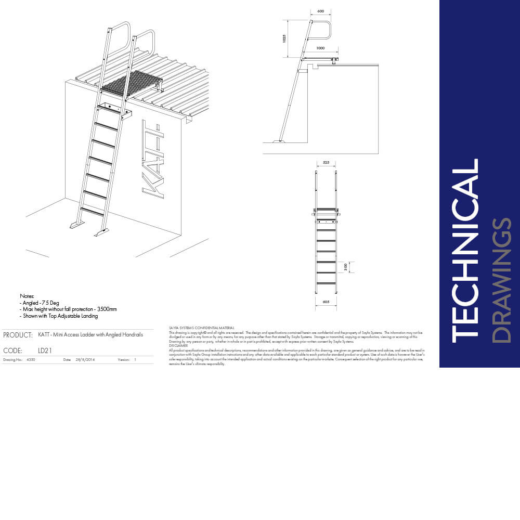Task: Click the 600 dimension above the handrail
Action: point(320,11)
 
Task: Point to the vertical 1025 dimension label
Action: point(285,39)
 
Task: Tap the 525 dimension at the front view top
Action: point(326,163)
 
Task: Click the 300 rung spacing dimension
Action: point(346,267)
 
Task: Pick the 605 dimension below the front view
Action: point(326,302)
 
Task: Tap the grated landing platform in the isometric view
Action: point(130,83)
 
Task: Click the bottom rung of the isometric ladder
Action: point(92,211)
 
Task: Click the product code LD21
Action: point(45,350)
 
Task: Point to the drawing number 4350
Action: point(31,359)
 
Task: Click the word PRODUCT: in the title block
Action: point(18,335)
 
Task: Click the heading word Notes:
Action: point(27,295)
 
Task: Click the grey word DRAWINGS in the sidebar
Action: point(501,281)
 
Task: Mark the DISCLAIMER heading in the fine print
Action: point(179,345)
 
